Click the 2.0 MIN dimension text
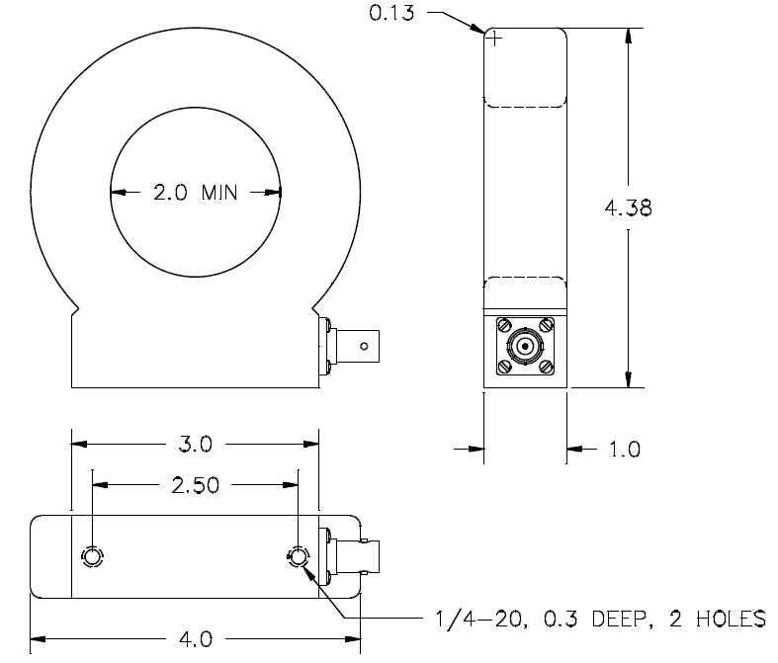pos(196,193)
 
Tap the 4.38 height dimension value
pos(628,207)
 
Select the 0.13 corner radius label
pos(391,13)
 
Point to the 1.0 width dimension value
pos(625,450)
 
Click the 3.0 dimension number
pos(195,444)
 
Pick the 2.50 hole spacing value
pos(195,485)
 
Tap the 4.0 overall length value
pos(196,639)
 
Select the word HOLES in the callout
pos(731,619)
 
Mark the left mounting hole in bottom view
pos(92,557)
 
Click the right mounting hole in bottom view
pos(299,557)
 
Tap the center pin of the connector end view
pos(525,346)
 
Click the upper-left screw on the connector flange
pos(504,325)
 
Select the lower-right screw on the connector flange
pos(546,367)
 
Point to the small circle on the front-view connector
pos(364,346)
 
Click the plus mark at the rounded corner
pos(494,39)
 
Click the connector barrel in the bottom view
pos(358,557)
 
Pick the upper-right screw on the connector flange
pos(546,325)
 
